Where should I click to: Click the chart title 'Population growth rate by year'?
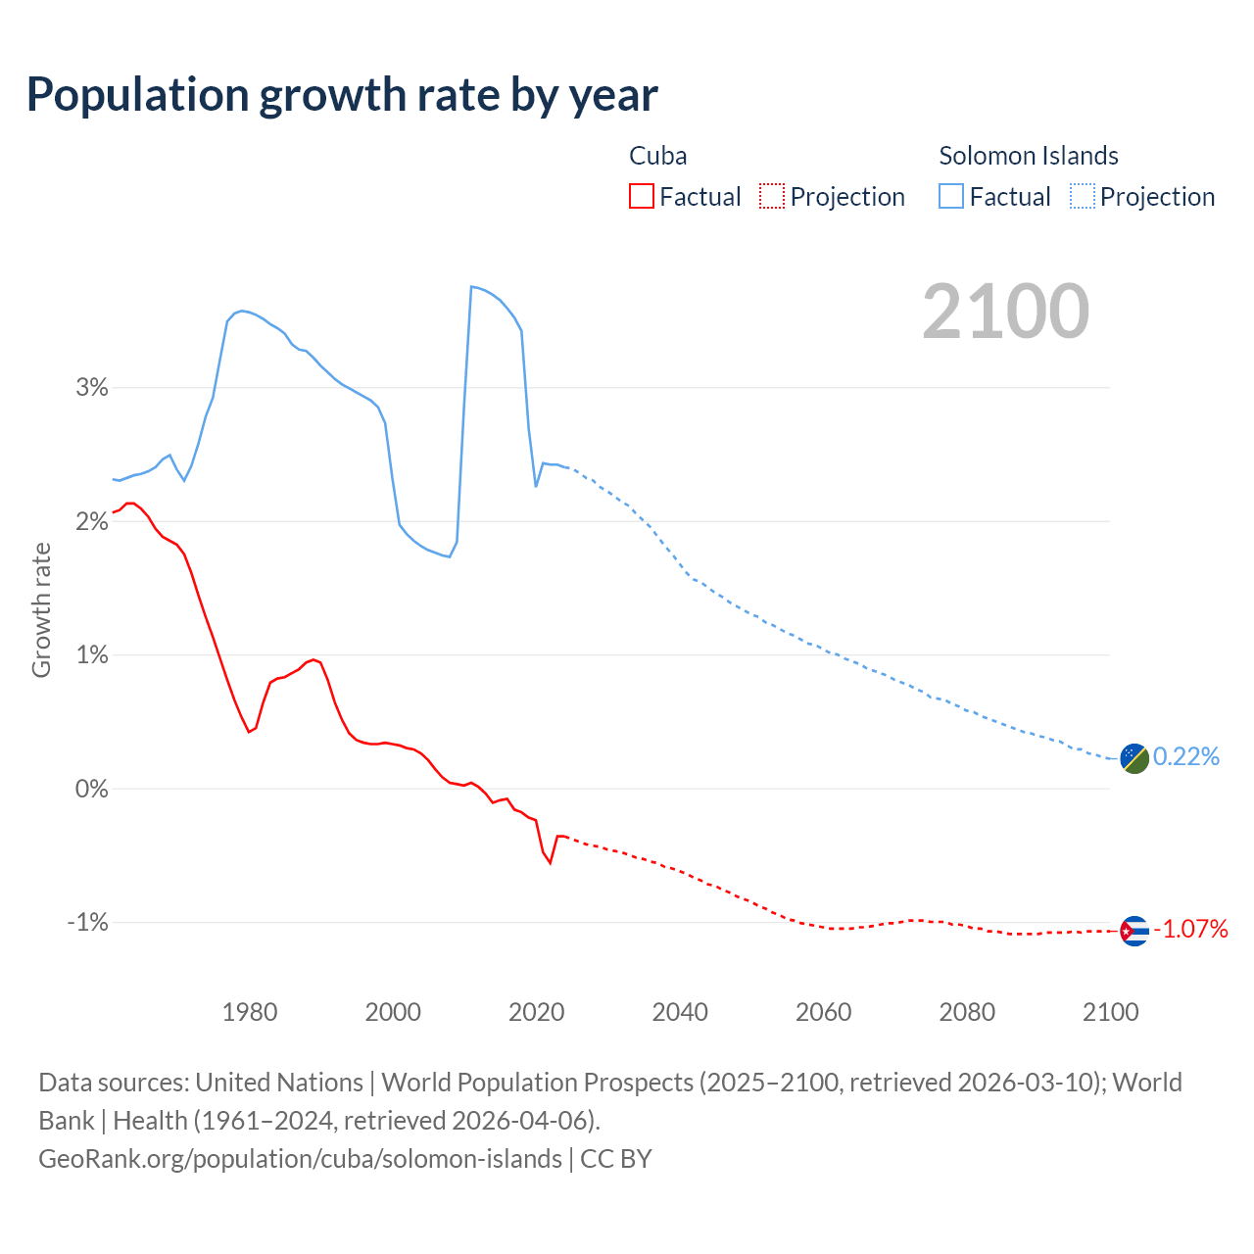342,95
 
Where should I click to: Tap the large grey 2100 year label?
1005,312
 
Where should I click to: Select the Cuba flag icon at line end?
1133,930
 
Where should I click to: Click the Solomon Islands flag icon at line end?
1133,757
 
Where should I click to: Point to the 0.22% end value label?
1185,756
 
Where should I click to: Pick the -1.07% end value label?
1189,929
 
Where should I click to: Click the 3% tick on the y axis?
91,388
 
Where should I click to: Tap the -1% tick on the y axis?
87,923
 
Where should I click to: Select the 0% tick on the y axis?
91,789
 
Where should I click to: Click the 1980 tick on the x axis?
250,1012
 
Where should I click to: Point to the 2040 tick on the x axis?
680,1012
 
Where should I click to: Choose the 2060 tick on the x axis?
823,1012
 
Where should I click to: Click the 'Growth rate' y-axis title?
41,609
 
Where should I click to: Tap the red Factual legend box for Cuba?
641,197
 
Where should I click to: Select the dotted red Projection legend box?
772,197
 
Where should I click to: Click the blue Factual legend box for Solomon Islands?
950,197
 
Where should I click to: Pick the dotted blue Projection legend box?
1083,197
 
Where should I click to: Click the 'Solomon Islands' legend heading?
1029,156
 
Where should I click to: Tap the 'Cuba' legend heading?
657,156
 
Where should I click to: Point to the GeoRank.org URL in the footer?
300,1159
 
